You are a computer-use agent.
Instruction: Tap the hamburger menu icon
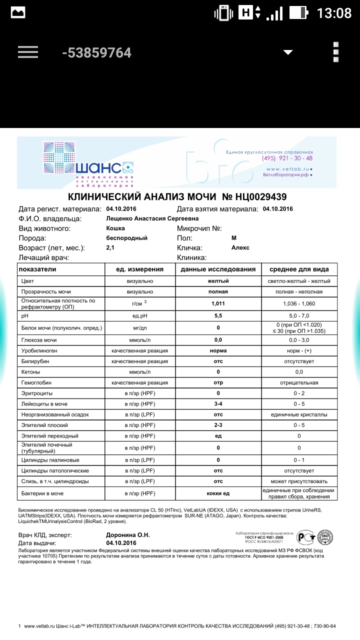[28, 52]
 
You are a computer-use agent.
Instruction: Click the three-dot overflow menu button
[336, 52]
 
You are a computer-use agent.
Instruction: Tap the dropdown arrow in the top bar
[288, 52]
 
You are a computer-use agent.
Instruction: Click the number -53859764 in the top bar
[96, 52]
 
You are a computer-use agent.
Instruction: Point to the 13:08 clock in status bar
[334, 12]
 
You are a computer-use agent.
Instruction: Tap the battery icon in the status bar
[298, 12]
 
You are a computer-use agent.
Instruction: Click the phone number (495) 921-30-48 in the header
[287, 158]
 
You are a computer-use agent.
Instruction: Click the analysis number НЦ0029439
[254, 197]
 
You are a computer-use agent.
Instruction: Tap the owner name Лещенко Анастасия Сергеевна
[152, 218]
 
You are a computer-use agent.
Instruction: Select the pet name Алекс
[240, 247]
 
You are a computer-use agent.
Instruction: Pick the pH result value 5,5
[218, 316]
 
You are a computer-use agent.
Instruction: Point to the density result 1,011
[218, 303]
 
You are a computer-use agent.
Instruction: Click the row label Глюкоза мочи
[39, 340]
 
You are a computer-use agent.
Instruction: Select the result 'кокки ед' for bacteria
[218, 493]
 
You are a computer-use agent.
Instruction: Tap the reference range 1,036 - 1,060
[299, 303]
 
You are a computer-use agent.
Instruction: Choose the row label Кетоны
[30, 372]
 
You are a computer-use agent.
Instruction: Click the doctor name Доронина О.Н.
[128, 535]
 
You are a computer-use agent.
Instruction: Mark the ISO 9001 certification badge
[325, 537]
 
